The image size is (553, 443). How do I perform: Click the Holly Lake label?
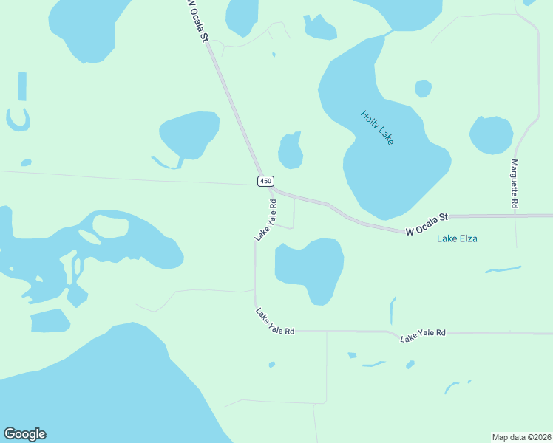pos(377,127)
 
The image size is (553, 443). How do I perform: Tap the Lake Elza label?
pos(457,238)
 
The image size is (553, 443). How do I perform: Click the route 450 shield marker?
pos(266,181)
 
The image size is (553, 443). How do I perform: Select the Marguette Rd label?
pos(515,182)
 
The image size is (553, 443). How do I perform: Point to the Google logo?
pos(24,434)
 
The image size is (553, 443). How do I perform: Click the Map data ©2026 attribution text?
pos(521,436)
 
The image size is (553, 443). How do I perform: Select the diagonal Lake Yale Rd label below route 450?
pos(265,220)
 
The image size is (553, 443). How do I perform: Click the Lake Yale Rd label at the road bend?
pos(275,323)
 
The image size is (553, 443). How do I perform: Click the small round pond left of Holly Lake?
pos(291,151)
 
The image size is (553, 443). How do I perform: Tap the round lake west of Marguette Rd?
pos(491,135)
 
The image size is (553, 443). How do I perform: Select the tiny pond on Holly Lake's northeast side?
pos(423,89)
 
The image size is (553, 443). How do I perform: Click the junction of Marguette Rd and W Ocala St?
pos(515,216)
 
